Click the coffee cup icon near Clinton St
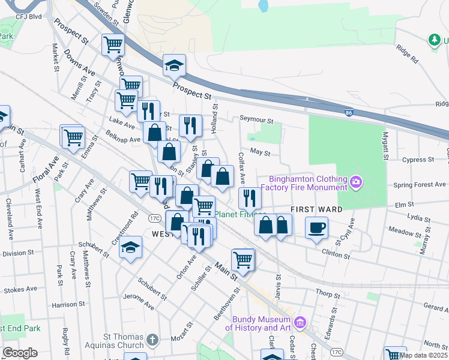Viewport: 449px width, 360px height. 316,227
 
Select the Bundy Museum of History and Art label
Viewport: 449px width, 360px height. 258,323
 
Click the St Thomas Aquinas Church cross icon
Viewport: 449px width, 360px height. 154,340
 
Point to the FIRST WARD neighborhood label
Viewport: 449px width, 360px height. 316,209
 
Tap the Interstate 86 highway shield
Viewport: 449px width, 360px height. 349,112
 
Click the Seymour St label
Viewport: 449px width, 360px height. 256,119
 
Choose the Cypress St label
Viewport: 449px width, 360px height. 418,160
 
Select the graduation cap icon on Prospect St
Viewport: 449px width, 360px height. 175,65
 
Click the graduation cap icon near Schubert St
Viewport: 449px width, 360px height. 130,248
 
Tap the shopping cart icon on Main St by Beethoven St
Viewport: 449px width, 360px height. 243,259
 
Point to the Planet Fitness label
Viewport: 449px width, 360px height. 240,214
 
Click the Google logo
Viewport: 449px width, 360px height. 20,352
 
